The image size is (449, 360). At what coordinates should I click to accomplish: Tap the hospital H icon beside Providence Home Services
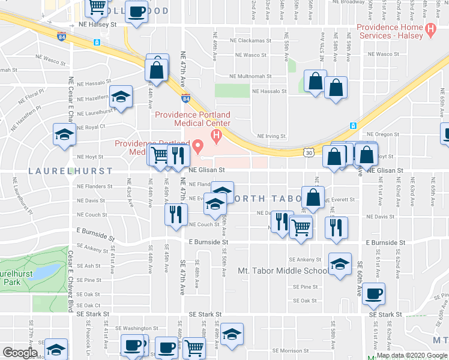(x=429, y=28)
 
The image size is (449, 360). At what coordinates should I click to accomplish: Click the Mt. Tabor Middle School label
(x=283, y=271)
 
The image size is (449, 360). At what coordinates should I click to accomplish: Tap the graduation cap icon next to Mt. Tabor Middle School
(x=340, y=264)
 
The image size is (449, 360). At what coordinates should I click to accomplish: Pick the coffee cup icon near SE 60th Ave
(x=373, y=293)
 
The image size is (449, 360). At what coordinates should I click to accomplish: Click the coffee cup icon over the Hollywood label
(x=137, y=11)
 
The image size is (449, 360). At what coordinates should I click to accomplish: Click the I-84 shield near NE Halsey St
(x=62, y=37)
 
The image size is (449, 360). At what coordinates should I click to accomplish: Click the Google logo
(x=20, y=353)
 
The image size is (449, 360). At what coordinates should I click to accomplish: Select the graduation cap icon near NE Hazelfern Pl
(x=121, y=97)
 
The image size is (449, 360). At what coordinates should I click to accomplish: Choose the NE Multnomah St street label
(x=252, y=77)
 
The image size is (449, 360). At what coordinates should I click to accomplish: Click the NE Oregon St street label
(x=382, y=134)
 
